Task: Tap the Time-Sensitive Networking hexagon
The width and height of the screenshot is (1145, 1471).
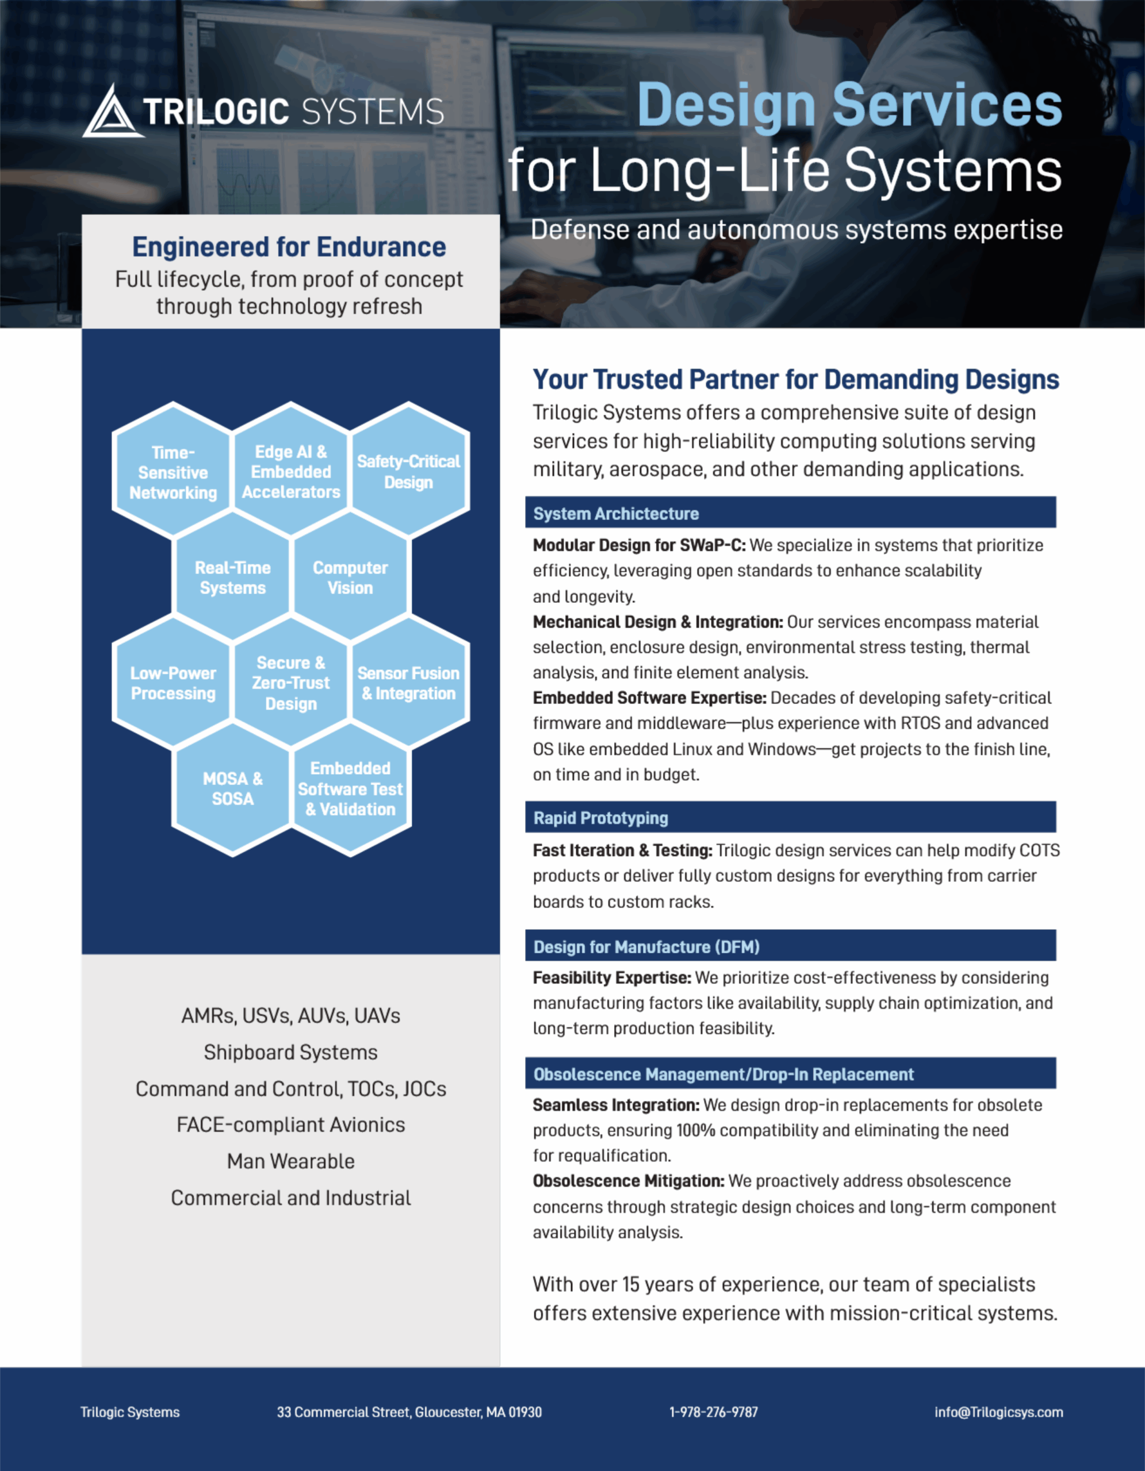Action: pyautogui.click(x=173, y=472)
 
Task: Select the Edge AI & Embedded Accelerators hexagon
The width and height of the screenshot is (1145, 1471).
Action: pyautogui.click(x=291, y=472)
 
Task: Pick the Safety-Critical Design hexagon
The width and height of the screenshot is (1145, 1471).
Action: pyautogui.click(x=408, y=472)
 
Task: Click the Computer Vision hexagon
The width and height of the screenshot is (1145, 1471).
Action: pyautogui.click(x=350, y=577)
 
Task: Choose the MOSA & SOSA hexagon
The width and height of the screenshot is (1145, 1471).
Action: pyautogui.click(x=232, y=789)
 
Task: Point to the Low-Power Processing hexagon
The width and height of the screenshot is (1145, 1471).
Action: pyautogui.click(x=173, y=683)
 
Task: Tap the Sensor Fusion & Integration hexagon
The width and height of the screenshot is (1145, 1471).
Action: pyautogui.click(x=408, y=683)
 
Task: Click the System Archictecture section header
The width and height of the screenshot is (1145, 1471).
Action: pyautogui.click(x=791, y=513)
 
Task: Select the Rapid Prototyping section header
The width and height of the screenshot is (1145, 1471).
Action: pyautogui.click(x=791, y=817)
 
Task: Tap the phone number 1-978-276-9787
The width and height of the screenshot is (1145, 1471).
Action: pyautogui.click(x=714, y=1412)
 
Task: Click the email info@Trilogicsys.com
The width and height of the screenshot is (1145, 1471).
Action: pyautogui.click(x=999, y=1412)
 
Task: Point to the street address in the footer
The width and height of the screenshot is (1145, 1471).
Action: pyautogui.click(x=409, y=1412)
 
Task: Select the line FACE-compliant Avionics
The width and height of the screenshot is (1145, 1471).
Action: pyautogui.click(x=291, y=1125)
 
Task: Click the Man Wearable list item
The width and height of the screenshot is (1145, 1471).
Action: pyautogui.click(x=291, y=1161)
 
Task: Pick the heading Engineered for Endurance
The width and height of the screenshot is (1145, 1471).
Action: pyautogui.click(x=289, y=247)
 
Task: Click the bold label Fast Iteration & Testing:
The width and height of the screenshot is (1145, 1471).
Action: pyautogui.click(x=623, y=850)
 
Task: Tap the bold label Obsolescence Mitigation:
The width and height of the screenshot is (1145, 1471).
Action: pyautogui.click(x=629, y=1181)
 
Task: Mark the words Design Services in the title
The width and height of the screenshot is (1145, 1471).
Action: pyautogui.click(x=850, y=105)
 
